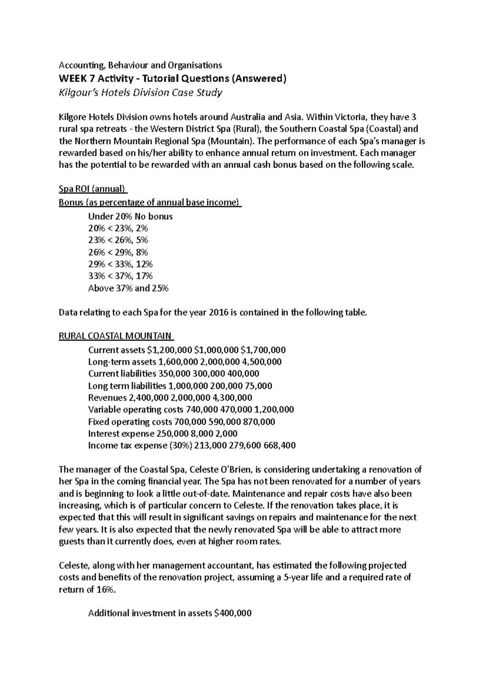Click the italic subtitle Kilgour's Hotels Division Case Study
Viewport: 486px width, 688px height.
(141, 92)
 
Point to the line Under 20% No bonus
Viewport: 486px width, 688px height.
(130, 216)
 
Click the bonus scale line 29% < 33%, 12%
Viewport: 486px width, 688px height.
(120, 264)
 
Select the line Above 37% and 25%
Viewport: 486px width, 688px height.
(128, 288)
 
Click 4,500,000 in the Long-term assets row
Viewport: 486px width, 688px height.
(262, 361)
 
